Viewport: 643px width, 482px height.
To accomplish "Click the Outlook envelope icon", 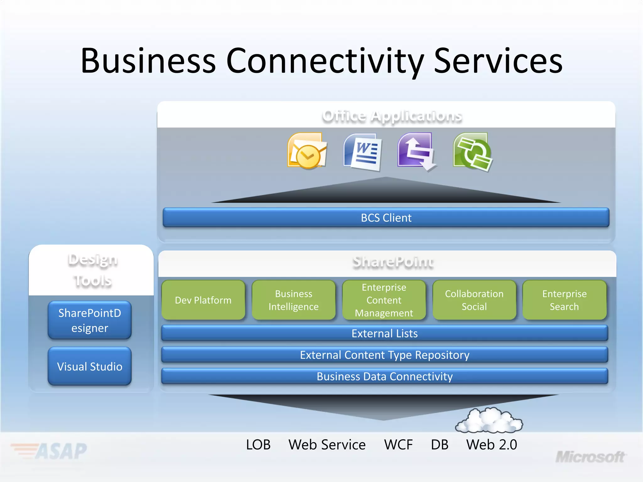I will pos(307,151).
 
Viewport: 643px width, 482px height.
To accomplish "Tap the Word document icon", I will pos(363,152).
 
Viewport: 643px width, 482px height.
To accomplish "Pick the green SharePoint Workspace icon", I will pos(473,152).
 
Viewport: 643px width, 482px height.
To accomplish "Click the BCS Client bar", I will pos(386,217).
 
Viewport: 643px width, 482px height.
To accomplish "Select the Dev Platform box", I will pos(203,300).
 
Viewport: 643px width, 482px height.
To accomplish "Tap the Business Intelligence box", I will pos(294,300).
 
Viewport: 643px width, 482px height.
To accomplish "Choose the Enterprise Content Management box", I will pos(384,300).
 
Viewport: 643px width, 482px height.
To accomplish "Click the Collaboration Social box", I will pos(474,300).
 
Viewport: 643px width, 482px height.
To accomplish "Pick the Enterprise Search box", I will pos(564,300).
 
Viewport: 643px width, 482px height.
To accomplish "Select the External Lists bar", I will pos(384,333).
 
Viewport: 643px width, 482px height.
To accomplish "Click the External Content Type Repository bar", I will pos(384,355).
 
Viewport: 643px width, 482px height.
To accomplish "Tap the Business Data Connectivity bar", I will pos(384,376).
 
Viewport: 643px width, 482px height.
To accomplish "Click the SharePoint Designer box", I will pos(90,320).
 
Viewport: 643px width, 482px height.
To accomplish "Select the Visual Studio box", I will pos(90,367).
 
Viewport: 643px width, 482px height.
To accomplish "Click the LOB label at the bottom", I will pos(258,445).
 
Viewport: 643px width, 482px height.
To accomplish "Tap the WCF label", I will pos(398,445).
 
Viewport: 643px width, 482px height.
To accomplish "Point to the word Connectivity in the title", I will pos(325,61).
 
